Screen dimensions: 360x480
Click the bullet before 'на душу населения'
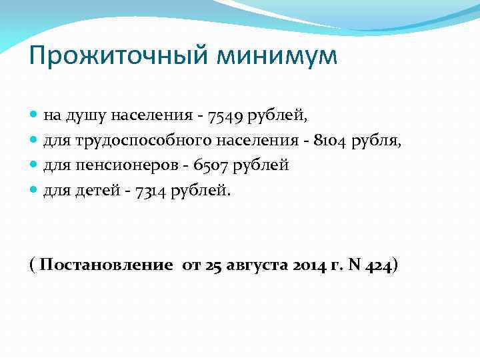click(x=34, y=116)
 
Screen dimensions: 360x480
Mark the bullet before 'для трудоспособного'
click(x=34, y=141)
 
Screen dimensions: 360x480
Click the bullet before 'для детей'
click(x=34, y=190)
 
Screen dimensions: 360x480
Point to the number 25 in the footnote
click(x=213, y=265)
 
